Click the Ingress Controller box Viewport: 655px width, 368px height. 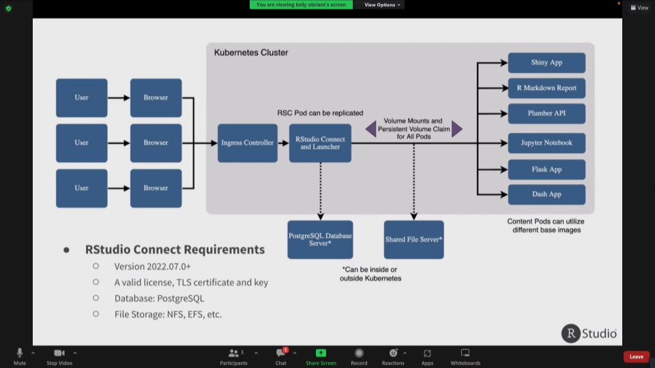tap(247, 142)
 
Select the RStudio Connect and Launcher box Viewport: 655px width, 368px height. tap(320, 142)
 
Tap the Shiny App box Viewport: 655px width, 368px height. tap(547, 63)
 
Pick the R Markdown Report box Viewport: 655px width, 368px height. tap(547, 88)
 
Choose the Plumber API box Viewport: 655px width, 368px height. tap(547, 113)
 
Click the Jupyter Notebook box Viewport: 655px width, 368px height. tap(547, 143)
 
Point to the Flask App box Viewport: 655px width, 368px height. tap(547, 169)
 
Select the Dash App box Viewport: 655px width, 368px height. tap(547, 194)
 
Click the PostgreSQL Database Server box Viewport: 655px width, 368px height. tap(320, 239)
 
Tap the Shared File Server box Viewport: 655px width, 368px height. tap(413, 239)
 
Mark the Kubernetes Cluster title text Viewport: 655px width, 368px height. tap(251, 52)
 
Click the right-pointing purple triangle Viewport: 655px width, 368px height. tap(456, 128)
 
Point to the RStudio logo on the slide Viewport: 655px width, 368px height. tap(589, 333)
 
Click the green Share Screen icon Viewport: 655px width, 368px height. tap(321, 353)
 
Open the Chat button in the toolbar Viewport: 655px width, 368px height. tap(280, 353)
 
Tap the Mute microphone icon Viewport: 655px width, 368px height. tap(20, 353)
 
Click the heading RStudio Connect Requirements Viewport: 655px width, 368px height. tap(175, 249)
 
